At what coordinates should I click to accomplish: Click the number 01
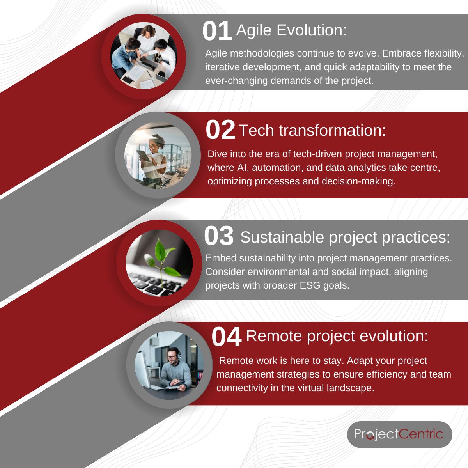[217, 32]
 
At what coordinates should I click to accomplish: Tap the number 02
[220, 130]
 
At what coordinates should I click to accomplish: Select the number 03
[219, 236]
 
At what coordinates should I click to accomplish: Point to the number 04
[226, 337]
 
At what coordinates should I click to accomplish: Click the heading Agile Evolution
[291, 30]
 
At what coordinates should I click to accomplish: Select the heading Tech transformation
[312, 130]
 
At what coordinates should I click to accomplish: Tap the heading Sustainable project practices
[345, 237]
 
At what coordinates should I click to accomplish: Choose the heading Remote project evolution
[337, 336]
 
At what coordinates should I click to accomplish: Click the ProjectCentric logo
[399, 434]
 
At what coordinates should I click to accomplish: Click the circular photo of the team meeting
[144, 57]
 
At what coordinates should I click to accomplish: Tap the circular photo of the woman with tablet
[158, 156]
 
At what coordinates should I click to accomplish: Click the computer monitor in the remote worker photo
[143, 369]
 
